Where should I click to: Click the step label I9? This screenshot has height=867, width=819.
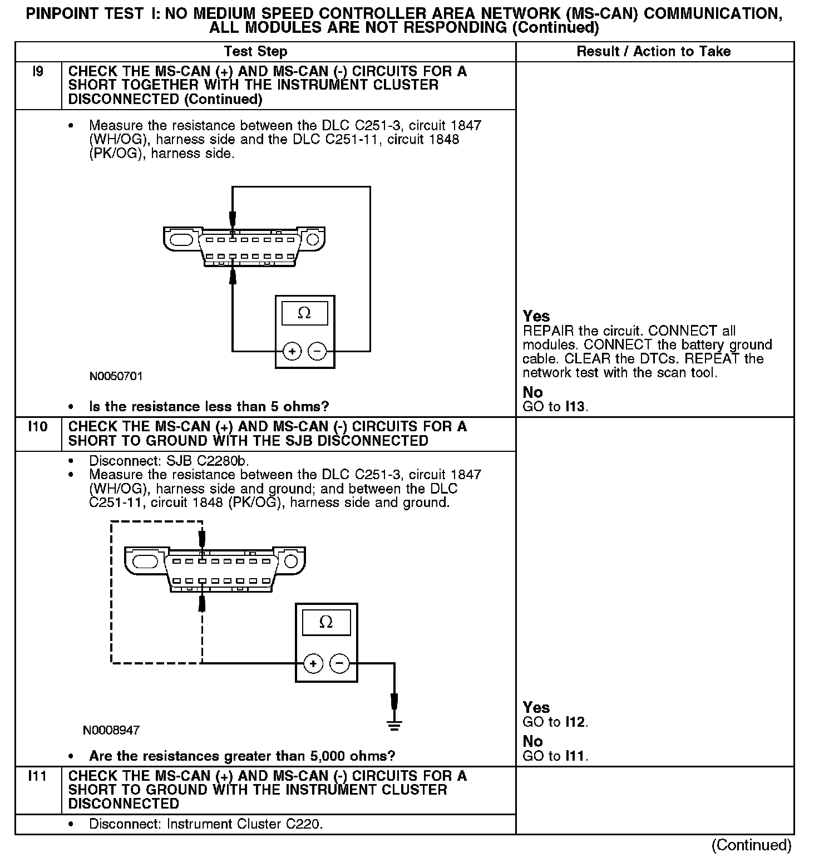[x=38, y=72]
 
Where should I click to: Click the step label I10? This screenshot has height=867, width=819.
[x=38, y=427]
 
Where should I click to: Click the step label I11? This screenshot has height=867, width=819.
[x=38, y=776]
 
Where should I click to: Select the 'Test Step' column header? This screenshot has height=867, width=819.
[x=255, y=52]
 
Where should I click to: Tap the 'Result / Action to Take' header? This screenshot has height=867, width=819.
[x=653, y=52]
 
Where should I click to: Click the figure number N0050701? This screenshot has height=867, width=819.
[x=116, y=376]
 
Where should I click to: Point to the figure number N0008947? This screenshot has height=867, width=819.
[x=111, y=730]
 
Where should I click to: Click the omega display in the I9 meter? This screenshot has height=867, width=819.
[x=304, y=313]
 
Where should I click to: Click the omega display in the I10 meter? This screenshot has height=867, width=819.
[x=326, y=622]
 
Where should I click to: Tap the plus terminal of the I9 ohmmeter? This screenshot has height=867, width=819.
[x=292, y=351]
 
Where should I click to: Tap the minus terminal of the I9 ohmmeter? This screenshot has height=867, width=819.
[x=317, y=351]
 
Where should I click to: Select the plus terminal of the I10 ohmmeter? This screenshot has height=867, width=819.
[x=313, y=663]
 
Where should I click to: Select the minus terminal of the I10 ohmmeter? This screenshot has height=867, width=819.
[x=339, y=663]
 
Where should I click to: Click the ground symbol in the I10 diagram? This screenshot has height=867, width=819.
[x=394, y=724]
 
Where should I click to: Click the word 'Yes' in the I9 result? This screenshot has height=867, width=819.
[x=536, y=316]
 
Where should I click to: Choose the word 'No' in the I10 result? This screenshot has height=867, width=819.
[x=532, y=741]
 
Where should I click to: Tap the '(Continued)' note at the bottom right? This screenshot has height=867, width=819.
[x=751, y=845]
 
